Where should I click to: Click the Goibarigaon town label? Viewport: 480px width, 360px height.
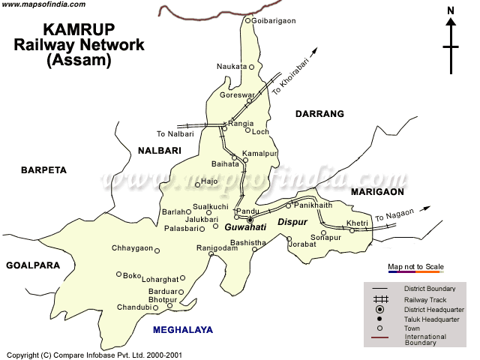(x=276, y=20)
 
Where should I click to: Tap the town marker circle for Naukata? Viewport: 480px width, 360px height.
(x=251, y=67)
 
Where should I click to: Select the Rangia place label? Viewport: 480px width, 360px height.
(x=241, y=123)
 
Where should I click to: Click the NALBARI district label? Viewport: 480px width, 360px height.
(x=160, y=151)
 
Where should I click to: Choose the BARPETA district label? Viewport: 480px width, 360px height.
(x=43, y=170)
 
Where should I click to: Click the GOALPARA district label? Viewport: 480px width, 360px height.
(x=34, y=265)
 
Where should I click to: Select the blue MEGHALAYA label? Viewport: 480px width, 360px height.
(x=182, y=329)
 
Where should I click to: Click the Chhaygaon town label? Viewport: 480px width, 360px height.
(x=132, y=249)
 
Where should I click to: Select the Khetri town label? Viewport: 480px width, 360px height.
(x=357, y=223)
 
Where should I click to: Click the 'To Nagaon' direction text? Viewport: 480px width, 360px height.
(x=394, y=215)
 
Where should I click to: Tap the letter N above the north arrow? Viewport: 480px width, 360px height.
(x=451, y=10)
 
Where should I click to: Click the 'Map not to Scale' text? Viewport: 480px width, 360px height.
(x=415, y=267)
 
